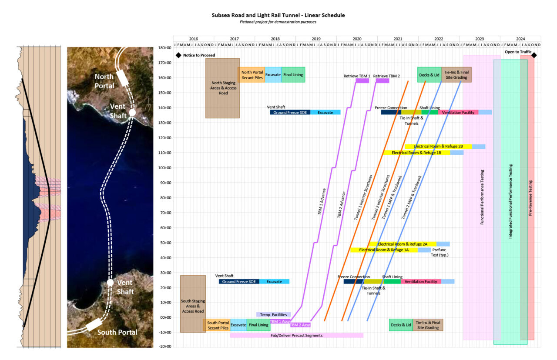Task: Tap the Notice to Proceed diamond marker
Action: point(178,55)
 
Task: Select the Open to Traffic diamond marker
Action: point(534,55)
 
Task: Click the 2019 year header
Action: point(316,39)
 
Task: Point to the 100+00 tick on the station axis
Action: point(164,168)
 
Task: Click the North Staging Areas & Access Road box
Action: point(222,88)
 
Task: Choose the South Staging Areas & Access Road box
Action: point(193,303)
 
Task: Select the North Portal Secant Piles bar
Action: point(252,75)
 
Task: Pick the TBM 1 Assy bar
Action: point(280,322)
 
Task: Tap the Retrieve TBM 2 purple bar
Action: point(383,80)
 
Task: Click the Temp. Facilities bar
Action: point(273,314)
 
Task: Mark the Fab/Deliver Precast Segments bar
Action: point(296,335)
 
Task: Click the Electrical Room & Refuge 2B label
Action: point(438,147)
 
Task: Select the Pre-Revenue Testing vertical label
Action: point(530,198)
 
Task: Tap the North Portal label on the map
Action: point(104,81)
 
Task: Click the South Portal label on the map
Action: point(117,333)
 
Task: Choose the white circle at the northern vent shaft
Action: point(132,112)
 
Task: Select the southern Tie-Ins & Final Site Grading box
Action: point(428,325)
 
